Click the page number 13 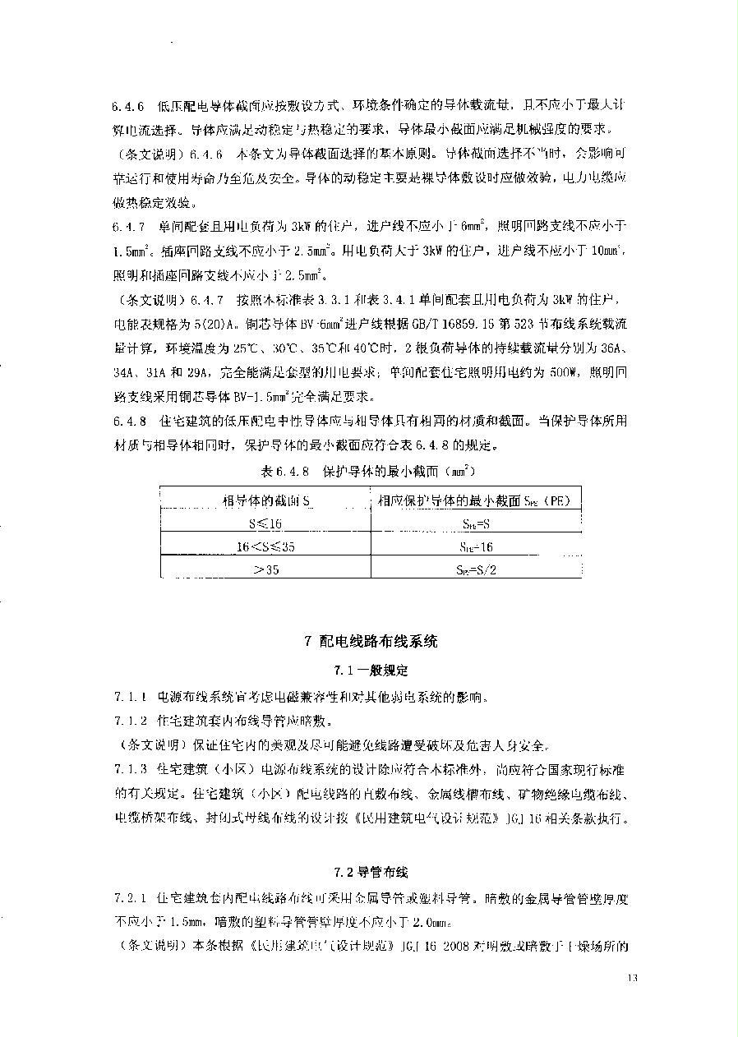point(632,978)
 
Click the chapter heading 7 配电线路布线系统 point(371,642)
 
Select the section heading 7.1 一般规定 point(371,670)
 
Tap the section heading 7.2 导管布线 point(371,872)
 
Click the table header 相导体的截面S point(265,500)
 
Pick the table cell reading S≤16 point(265,523)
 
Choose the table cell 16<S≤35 point(265,546)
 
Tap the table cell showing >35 point(265,569)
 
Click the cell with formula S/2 point(477,569)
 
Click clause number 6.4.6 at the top point(129,107)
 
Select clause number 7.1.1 point(130,698)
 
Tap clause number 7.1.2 point(130,721)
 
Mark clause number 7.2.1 point(130,898)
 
